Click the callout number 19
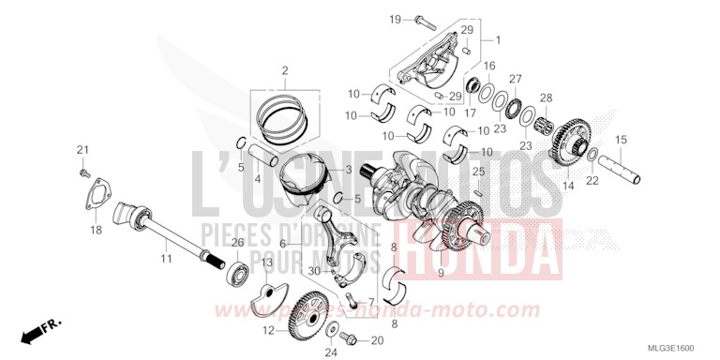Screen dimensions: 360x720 tap(395, 19)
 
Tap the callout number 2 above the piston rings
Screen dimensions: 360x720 tap(285, 70)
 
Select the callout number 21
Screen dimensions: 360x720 tap(82, 150)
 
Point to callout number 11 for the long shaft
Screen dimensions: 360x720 tap(165, 258)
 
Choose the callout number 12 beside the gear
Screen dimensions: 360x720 tap(268, 329)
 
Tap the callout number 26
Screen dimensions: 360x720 tap(237, 243)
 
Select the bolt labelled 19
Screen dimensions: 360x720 tap(417, 20)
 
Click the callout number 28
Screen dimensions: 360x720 tap(546, 97)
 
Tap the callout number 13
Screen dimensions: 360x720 tap(266, 262)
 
